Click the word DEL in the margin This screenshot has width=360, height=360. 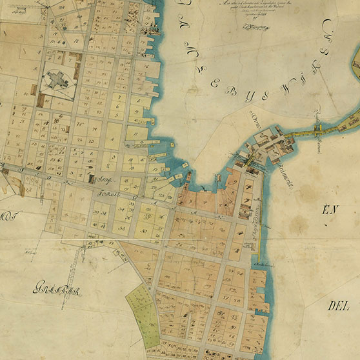[338, 305]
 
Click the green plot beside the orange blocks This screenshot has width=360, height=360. [142, 310]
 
